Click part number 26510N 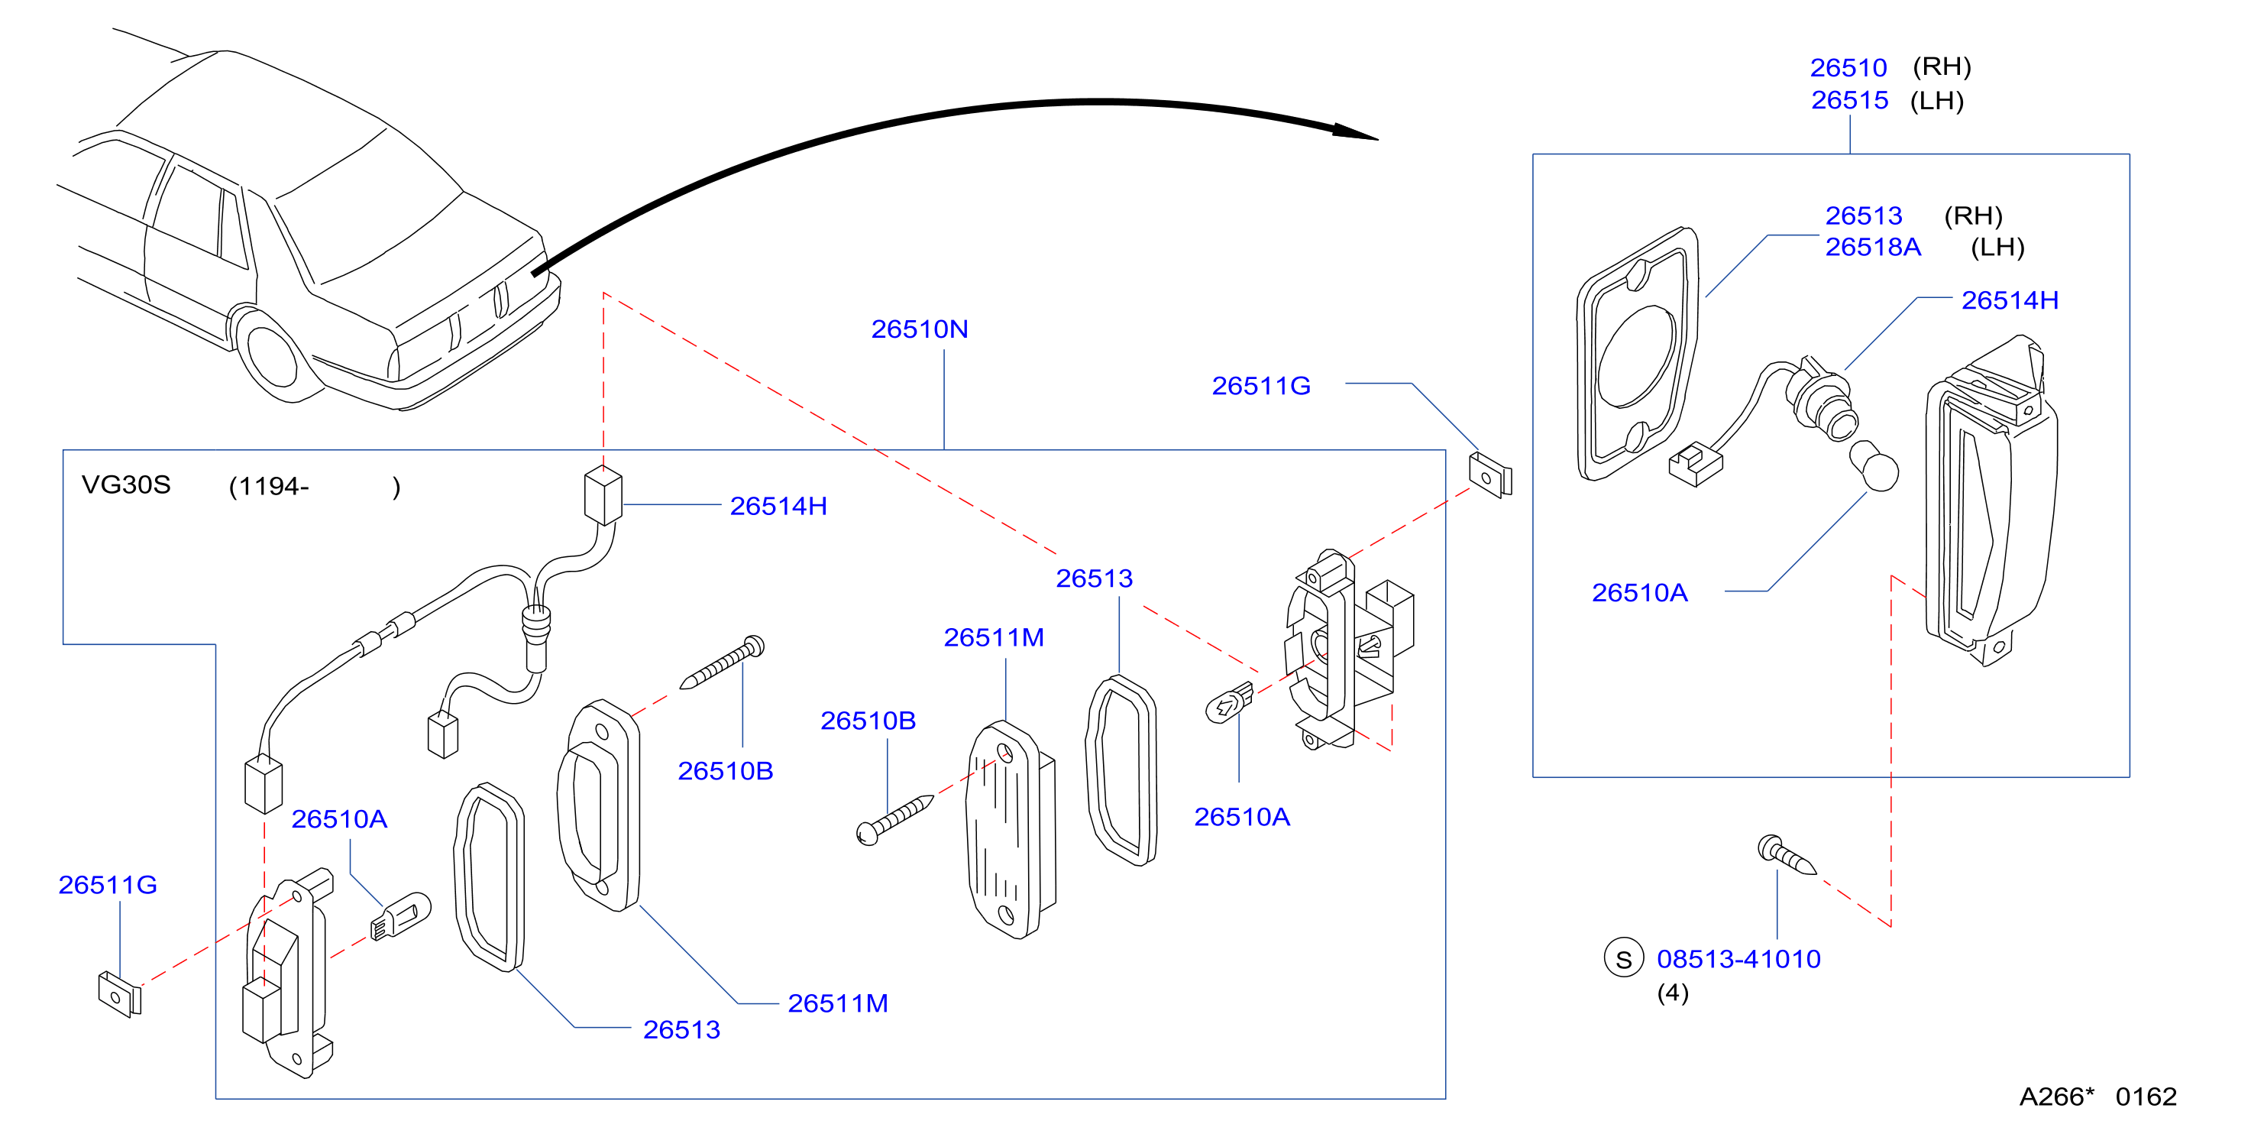920,329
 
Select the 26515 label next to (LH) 1849,100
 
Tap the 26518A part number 1873,247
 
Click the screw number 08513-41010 1738,958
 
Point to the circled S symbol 1623,958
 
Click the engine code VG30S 126,484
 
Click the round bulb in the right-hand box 1874,467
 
